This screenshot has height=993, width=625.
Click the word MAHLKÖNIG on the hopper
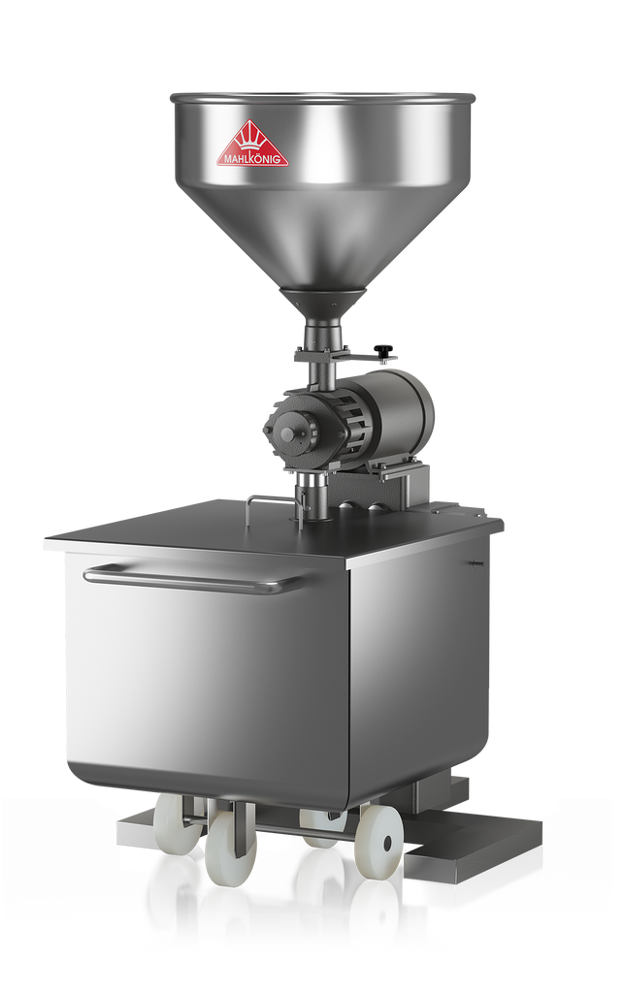pos(252,159)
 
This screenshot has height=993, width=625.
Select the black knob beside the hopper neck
pos(382,349)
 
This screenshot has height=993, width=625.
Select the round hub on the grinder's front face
pos(290,433)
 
